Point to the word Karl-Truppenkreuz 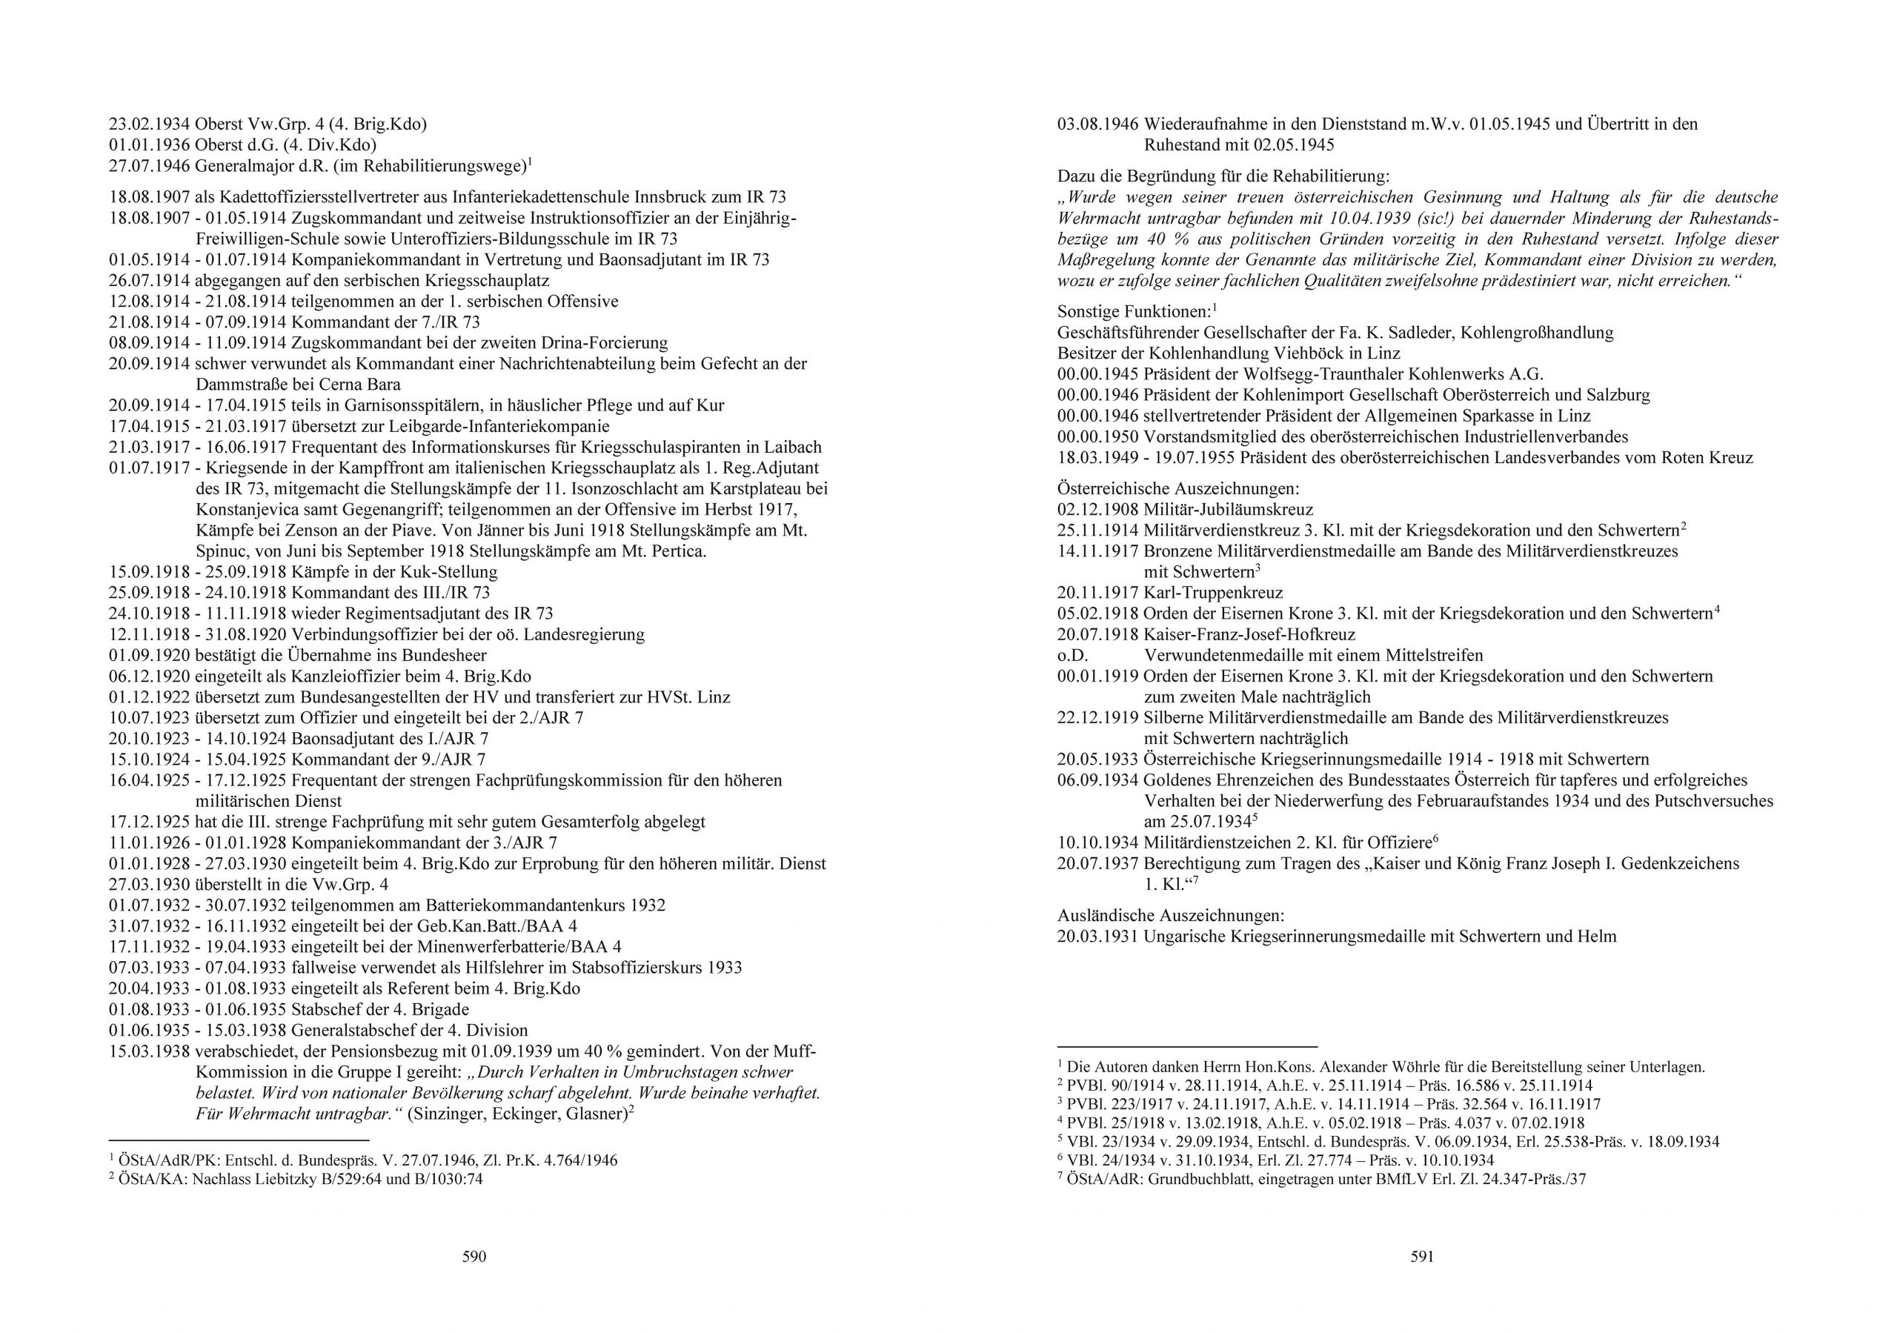(x=1213, y=593)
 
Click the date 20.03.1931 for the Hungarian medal (x=1097, y=937)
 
